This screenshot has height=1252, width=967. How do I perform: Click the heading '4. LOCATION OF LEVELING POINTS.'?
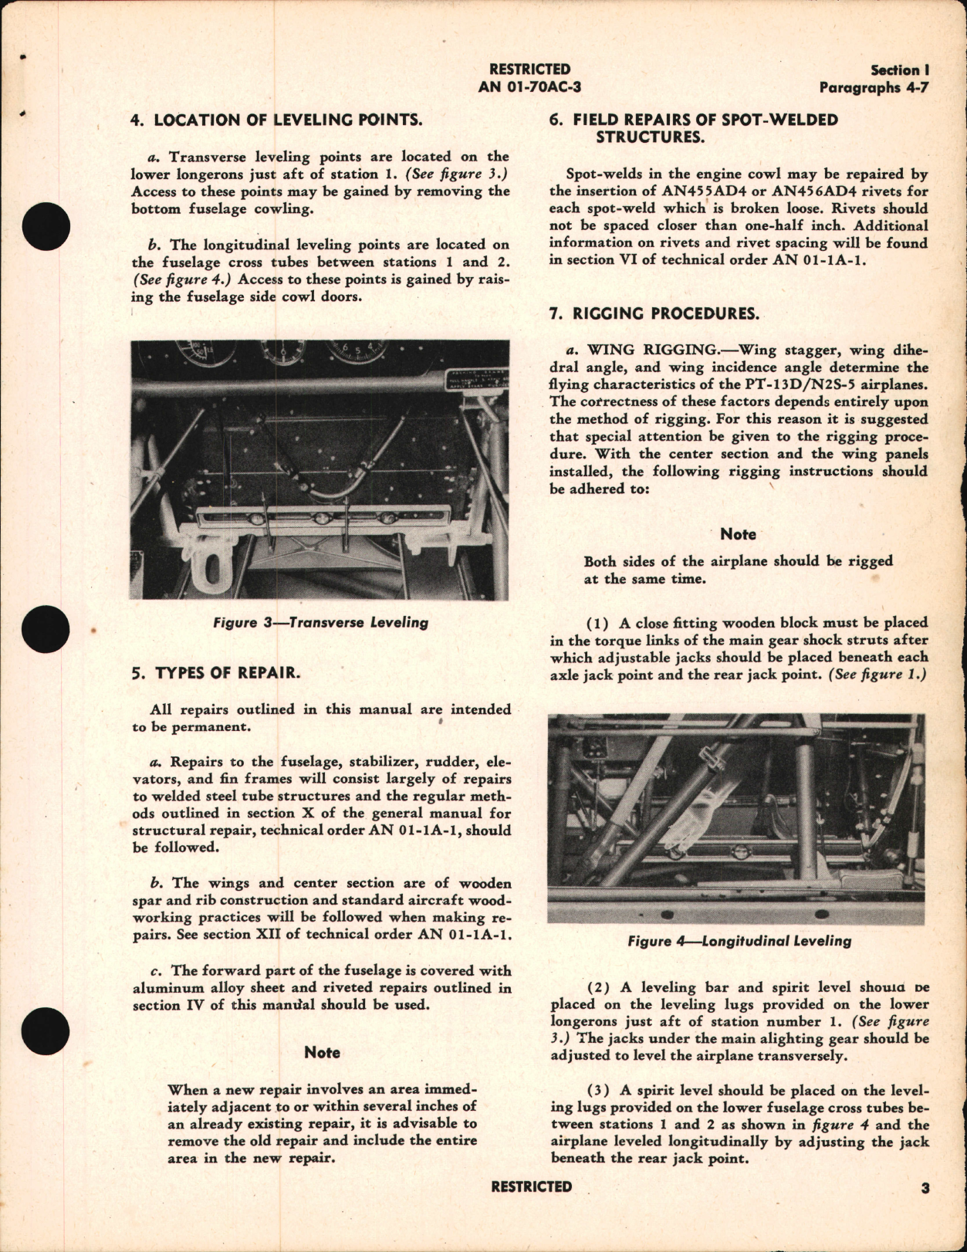pyautogui.click(x=277, y=120)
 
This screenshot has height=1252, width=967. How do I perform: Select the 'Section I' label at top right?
pyautogui.click(x=899, y=70)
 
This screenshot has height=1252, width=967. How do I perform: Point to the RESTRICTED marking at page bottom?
pyautogui.click(x=531, y=1187)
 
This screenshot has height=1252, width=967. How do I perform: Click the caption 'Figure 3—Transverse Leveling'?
pyautogui.click(x=320, y=622)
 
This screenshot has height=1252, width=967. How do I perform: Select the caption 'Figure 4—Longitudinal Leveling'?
pyautogui.click(x=739, y=941)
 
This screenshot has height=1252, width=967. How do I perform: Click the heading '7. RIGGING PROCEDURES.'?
pyautogui.click(x=654, y=313)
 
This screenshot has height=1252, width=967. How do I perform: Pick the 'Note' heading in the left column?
pyautogui.click(x=322, y=1053)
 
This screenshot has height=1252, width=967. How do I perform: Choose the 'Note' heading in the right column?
pyautogui.click(x=738, y=534)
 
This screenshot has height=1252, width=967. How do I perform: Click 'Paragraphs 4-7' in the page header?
pyautogui.click(x=874, y=87)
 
